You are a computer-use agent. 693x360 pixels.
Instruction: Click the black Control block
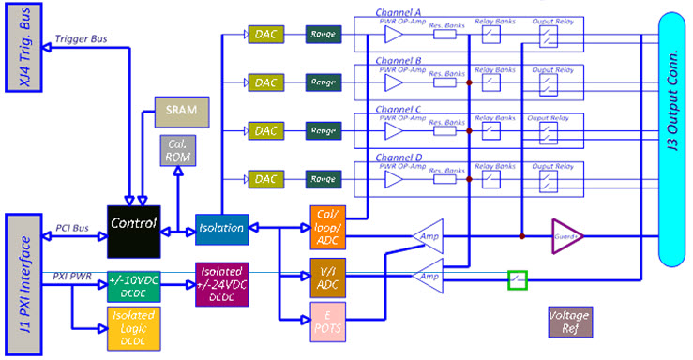click(134, 229)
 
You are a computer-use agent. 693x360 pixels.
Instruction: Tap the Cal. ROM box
click(176, 151)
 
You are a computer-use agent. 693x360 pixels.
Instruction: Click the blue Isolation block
click(221, 227)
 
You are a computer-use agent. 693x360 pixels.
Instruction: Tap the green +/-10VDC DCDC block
click(133, 286)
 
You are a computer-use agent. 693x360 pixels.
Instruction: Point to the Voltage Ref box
click(569, 322)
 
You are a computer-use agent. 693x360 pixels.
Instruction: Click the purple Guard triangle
click(565, 236)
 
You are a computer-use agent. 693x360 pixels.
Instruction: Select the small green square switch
click(518, 278)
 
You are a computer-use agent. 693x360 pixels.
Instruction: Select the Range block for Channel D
click(324, 178)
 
